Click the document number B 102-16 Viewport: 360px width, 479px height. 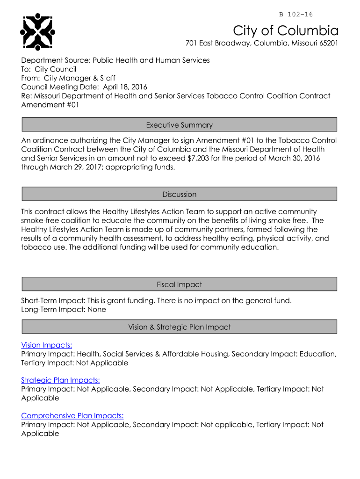[x=296, y=15]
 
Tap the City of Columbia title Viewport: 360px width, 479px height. [x=286, y=31]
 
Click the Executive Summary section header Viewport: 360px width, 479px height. [x=180, y=125]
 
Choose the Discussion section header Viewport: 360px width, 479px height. [x=180, y=194]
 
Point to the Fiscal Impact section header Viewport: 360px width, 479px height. [x=180, y=284]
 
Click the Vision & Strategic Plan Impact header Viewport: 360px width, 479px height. [x=180, y=327]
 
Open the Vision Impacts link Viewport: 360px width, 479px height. [x=47, y=345]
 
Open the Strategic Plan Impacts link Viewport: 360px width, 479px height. [x=60, y=380]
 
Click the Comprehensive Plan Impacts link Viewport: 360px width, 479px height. [x=72, y=416]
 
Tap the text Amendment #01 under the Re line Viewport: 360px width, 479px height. [x=50, y=105]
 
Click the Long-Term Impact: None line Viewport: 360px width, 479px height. [x=64, y=309]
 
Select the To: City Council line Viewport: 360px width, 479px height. [x=49, y=69]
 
